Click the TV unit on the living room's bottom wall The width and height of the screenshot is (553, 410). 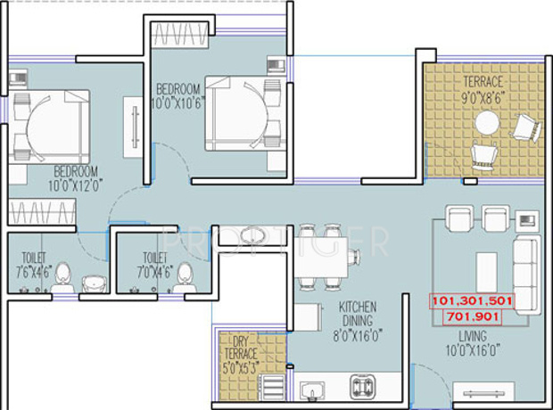tap(487, 392)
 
